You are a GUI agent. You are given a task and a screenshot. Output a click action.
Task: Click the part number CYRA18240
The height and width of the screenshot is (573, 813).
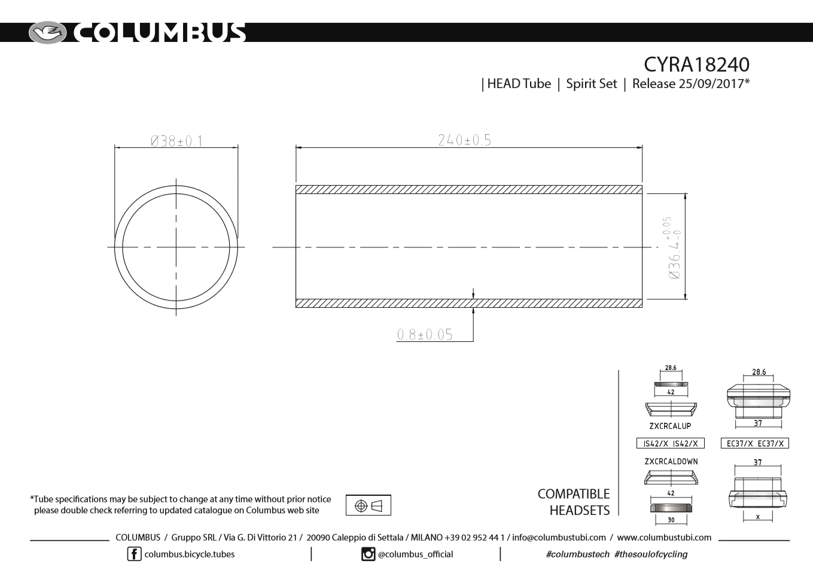[696, 64]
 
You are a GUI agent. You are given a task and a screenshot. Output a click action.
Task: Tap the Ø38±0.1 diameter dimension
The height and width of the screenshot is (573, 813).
[176, 141]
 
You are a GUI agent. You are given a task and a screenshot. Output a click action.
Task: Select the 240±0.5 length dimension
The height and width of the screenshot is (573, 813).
[464, 140]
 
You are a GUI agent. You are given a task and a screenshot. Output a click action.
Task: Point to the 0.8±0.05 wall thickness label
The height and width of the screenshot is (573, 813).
[425, 335]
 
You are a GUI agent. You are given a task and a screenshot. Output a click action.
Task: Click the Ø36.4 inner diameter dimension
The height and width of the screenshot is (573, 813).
[674, 248]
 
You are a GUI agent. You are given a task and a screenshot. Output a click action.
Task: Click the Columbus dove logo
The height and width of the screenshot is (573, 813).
[47, 32]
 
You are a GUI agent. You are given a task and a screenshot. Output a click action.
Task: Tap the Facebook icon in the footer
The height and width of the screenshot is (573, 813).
[134, 554]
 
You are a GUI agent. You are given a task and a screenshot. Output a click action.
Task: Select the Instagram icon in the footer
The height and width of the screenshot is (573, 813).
[369, 554]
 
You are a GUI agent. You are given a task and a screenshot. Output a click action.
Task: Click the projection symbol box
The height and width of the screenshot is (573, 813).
[368, 505]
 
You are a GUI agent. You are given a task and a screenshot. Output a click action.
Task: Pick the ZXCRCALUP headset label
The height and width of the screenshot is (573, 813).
[670, 426]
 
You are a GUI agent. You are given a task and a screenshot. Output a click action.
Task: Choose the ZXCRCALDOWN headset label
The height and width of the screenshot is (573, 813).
[671, 462]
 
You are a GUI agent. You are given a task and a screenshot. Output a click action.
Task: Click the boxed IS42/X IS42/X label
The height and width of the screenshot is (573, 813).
[670, 444]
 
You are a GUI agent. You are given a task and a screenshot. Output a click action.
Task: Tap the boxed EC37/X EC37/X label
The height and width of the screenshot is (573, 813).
[755, 444]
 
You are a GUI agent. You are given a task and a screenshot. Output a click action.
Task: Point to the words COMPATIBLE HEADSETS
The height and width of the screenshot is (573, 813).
[573, 502]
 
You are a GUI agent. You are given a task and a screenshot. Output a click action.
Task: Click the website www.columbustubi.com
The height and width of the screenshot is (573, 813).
[664, 538]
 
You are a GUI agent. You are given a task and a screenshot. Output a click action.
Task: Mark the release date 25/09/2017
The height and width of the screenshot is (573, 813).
[711, 84]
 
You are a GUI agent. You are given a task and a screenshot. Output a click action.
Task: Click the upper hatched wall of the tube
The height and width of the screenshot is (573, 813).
[468, 190]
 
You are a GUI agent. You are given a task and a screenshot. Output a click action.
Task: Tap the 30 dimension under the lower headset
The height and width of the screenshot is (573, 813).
[671, 520]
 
